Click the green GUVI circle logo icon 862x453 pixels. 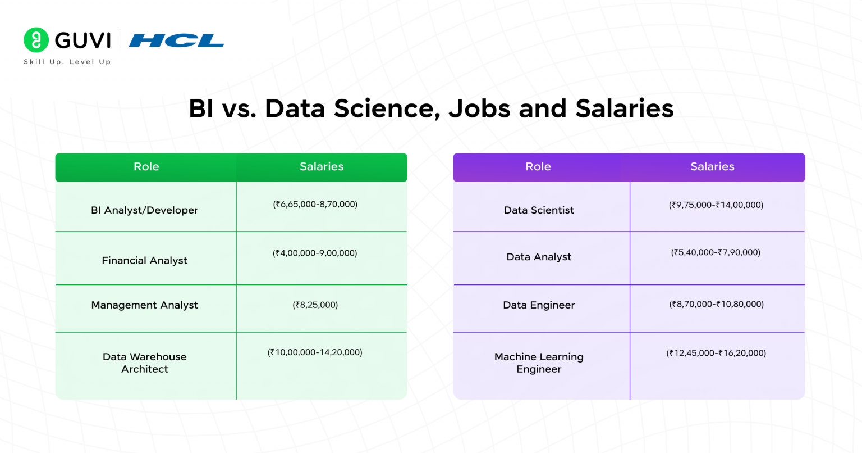click(36, 40)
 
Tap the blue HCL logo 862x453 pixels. click(176, 40)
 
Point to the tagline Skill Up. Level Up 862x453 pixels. click(67, 62)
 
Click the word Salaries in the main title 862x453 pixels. click(624, 108)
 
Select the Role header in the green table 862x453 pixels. click(146, 167)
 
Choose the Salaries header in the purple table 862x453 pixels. click(712, 167)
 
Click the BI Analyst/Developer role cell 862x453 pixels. click(145, 210)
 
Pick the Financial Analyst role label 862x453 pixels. click(145, 260)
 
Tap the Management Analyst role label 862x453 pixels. click(145, 305)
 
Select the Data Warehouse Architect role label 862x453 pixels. click(145, 363)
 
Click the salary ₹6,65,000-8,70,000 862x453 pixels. click(315, 204)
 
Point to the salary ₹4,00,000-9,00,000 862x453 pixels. click(315, 253)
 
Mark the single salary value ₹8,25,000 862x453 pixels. click(315, 305)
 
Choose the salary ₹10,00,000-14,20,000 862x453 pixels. click(315, 352)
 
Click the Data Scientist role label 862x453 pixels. click(539, 210)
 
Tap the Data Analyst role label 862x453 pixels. click(539, 257)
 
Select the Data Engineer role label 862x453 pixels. click(539, 305)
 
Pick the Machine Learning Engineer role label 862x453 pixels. click(539, 363)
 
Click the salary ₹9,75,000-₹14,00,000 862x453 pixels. click(716, 205)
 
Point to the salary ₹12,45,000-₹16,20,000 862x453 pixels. click(716, 353)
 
